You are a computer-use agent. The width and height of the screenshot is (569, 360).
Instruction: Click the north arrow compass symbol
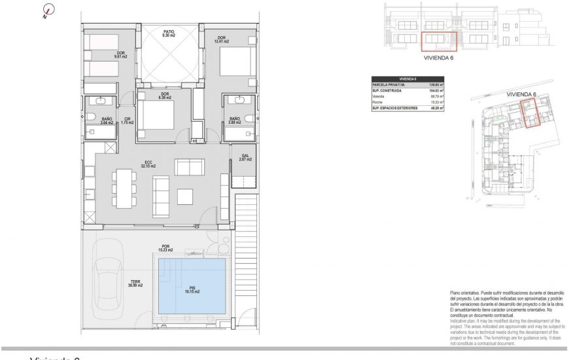(46, 10)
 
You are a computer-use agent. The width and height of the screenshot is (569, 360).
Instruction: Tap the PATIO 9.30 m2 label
(169, 33)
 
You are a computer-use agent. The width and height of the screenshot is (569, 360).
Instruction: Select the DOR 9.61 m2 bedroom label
(121, 55)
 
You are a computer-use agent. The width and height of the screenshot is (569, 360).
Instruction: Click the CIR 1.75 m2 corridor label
(128, 120)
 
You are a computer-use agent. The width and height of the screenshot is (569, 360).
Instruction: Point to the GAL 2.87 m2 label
(245, 157)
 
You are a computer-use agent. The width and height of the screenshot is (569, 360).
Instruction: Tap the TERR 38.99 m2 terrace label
(136, 284)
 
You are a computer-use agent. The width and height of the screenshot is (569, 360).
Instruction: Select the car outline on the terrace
(108, 275)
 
